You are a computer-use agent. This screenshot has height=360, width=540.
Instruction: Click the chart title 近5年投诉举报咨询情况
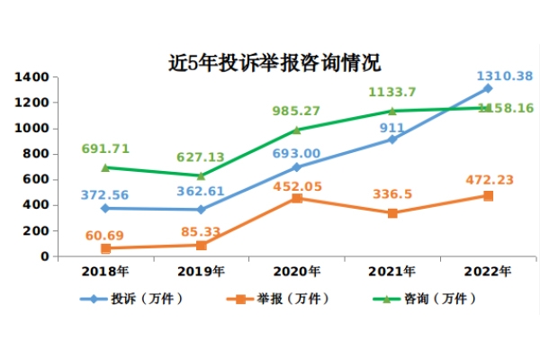click(274, 63)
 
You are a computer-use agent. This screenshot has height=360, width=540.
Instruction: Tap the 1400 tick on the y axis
click(31, 77)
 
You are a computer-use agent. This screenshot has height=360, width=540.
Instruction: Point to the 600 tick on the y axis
click(35, 180)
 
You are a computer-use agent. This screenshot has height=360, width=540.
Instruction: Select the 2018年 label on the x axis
click(105, 271)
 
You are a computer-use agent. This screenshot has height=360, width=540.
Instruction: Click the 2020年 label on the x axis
click(296, 271)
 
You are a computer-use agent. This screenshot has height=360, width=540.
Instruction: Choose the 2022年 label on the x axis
click(487, 271)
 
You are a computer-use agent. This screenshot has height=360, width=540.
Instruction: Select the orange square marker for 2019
click(201, 245)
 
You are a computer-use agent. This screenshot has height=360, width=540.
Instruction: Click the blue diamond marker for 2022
click(487, 88)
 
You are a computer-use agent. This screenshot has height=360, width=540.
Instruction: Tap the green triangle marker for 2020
click(296, 130)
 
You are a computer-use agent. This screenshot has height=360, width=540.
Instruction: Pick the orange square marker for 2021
click(391, 213)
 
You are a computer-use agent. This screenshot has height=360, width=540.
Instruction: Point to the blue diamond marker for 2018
click(105, 208)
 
